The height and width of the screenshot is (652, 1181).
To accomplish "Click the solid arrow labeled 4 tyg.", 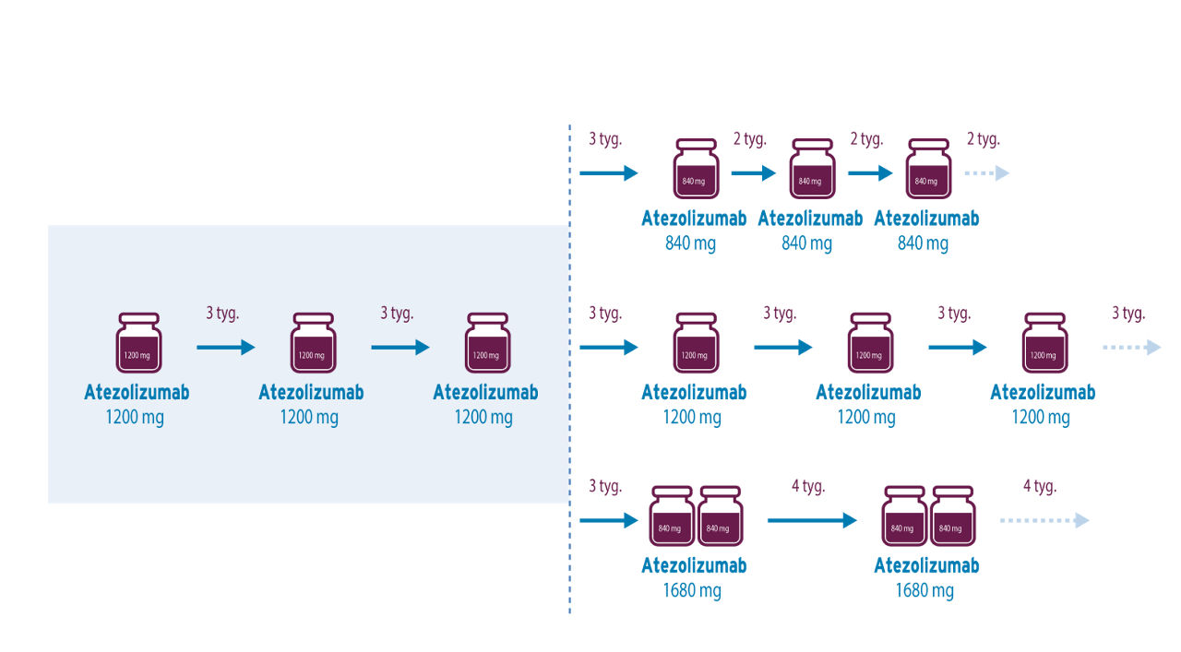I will click(x=812, y=521).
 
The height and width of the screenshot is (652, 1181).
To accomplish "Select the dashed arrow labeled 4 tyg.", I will click(x=1044, y=521).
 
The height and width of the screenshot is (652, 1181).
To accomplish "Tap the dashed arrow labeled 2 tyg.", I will click(x=987, y=173).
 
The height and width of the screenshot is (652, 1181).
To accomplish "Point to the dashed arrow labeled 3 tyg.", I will click(x=1131, y=348).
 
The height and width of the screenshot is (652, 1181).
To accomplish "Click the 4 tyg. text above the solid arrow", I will click(x=807, y=486).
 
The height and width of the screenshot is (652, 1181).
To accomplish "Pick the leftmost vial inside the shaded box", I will click(x=137, y=343).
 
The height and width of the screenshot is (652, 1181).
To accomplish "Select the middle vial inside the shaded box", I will click(x=312, y=343).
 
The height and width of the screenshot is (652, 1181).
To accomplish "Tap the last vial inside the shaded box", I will click(x=486, y=343).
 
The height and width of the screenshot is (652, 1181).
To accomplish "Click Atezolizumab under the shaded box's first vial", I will click(x=137, y=392).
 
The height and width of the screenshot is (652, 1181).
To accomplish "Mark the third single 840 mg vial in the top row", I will click(x=927, y=170).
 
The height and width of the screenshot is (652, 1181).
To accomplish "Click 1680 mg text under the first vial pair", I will click(x=692, y=590).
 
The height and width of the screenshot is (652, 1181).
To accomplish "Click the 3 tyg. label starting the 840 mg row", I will click(x=605, y=139).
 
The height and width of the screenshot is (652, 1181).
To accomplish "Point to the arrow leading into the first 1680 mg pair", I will click(x=609, y=521).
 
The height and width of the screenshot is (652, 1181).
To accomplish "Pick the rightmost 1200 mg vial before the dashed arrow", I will click(x=1044, y=343).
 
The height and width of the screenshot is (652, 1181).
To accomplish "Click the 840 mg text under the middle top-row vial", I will click(x=807, y=243).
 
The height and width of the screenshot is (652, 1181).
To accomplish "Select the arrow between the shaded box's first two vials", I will click(x=225, y=348).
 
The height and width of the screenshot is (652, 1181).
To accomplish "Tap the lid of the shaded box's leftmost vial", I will click(x=137, y=318).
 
